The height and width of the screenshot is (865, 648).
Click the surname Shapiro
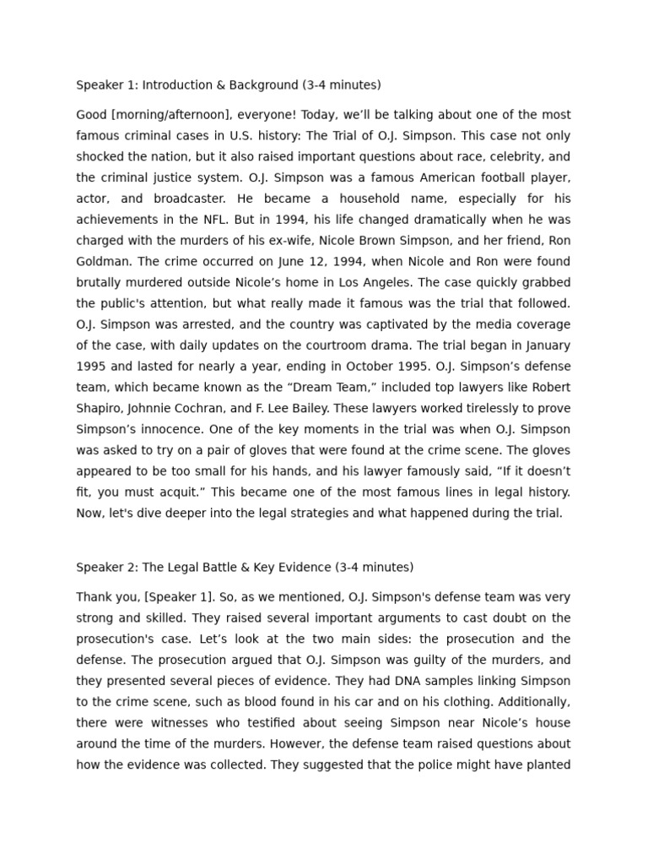(x=100, y=408)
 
